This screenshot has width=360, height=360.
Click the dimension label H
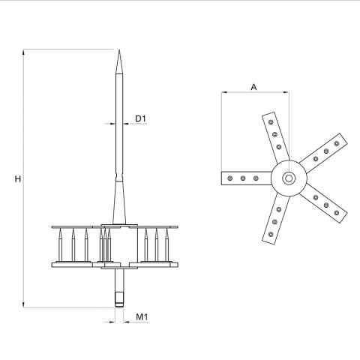click(18, 179)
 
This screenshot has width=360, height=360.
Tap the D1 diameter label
click(140, 118)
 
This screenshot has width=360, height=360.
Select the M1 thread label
click(142, 317)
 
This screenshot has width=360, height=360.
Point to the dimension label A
click(253, 87)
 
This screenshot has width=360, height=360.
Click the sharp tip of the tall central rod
click(119, 49)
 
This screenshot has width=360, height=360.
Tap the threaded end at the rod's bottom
click(119, 299)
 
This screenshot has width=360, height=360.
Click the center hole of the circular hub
click(289, 178)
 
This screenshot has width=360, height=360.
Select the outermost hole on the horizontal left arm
click(230, 178)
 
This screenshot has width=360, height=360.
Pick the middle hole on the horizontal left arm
click(243, 178)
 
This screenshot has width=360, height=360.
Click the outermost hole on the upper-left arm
click(271, 122)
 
